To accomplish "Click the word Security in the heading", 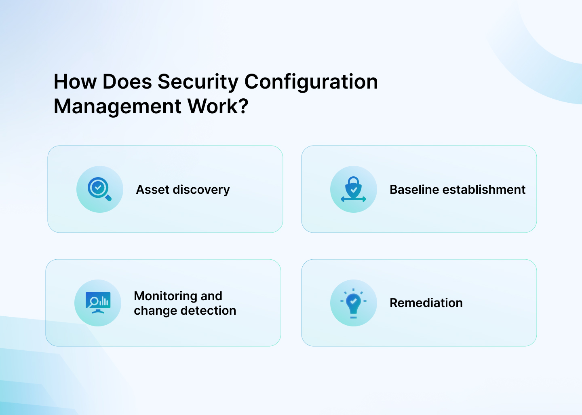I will pyautogui.click(x=198, y=82).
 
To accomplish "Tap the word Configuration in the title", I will pyautogui.click(x=311, y=82).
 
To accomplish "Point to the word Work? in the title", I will pyautogui.click(x=218, y=107).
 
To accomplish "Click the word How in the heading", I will pyautogui.click(x=75, y=82).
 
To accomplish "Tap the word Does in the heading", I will pyautogui.click(x=127, y=82).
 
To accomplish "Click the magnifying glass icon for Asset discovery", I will pyautogui.click(x=99, y=189).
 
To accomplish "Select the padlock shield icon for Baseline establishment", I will pyautogui.click(x=354, y=187).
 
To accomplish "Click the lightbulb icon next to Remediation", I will pyautogui.click(x=354, y=303).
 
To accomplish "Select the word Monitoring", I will pyautogui.click(x=166, y=296).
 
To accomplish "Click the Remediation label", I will pyautogui.click(x=426, y=303).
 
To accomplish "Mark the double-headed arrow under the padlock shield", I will pyautogui.click(x=353, y=199).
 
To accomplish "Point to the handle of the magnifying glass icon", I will pyautogui.click(x=108, y=198).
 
